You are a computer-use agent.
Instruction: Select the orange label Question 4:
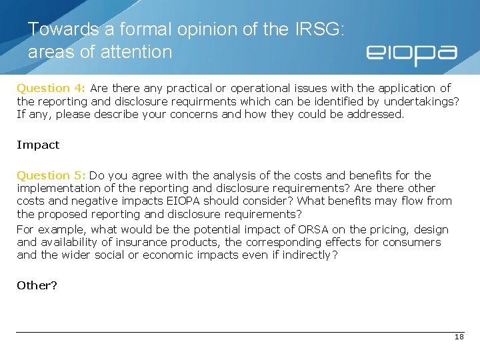[51, 88]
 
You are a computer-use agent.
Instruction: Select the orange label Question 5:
[51, 175]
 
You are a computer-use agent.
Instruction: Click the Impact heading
[38, 145]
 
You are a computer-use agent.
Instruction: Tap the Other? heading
[37, 285]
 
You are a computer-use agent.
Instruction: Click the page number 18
[459, 337]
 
